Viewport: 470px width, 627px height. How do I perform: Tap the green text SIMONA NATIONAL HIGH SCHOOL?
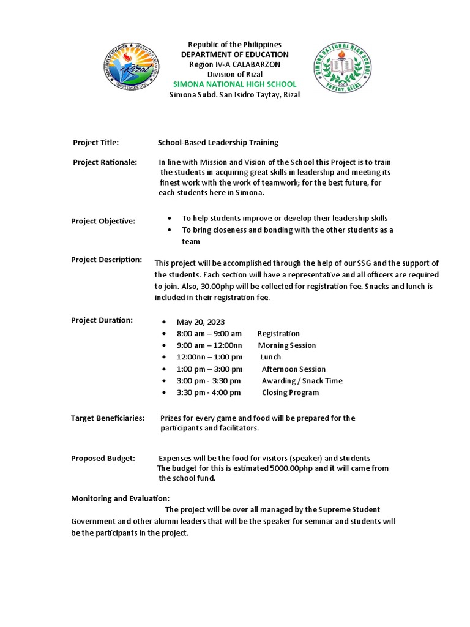[x=234, y=84]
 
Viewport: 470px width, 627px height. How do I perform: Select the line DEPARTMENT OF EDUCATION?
[x=234, y=54]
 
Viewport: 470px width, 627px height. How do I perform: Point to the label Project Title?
[x=95, y=143]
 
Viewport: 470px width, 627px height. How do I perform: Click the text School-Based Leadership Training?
[x=218, y=143]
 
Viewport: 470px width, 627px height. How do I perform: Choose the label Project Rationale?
[x=105, y=162]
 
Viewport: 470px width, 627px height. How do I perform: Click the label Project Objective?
[x=103, y=221]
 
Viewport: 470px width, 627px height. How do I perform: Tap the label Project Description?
[x=106, y=260]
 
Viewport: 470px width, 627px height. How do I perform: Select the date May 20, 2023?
[x=201, y=322]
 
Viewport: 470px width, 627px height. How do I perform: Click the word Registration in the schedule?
[x=278, y=334]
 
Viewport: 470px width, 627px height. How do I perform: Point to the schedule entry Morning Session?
[x=286, y=345]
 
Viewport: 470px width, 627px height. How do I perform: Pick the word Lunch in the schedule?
[x=270, y=357]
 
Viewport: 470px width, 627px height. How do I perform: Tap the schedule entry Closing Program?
[x=290, y=392]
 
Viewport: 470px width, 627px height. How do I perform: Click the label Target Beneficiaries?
[x=108, y=418]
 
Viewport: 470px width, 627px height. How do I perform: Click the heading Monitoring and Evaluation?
[x=120, y=498]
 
